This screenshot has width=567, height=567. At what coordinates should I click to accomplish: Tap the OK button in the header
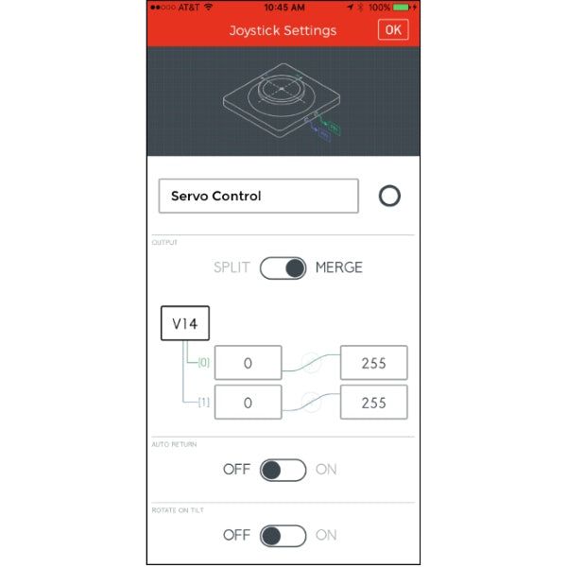(392, 30)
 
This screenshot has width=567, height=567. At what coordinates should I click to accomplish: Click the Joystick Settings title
(283, 30)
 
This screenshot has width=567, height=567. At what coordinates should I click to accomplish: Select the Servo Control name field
(258, 197)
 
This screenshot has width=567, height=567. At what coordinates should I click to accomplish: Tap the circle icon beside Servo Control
(389, 197)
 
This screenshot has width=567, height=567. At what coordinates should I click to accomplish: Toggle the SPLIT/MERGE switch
(283, 267)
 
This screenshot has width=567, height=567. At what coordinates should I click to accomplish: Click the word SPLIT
(232, 267)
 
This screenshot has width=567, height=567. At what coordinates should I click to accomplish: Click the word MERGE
(338, 267)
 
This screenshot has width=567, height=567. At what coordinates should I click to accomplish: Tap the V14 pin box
(185, 323)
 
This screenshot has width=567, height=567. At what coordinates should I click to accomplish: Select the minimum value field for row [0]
(248, 362)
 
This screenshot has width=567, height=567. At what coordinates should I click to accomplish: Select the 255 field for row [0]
(374, 362)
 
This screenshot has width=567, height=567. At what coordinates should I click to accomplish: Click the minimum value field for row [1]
(248, 402)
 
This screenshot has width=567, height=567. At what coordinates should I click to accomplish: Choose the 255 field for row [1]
(374, 402)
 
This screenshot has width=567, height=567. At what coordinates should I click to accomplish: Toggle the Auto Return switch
(283, 470)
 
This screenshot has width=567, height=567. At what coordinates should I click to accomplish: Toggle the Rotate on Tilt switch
(283, 535)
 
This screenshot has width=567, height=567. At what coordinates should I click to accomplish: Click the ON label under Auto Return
(326, 470)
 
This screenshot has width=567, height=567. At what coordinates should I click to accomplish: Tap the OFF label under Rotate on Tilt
(236, 535)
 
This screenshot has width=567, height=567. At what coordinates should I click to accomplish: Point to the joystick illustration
(282, 101)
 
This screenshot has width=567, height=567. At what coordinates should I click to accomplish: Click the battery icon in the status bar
(405, 7)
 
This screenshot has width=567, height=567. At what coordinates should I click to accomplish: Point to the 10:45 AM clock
(283, 7)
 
